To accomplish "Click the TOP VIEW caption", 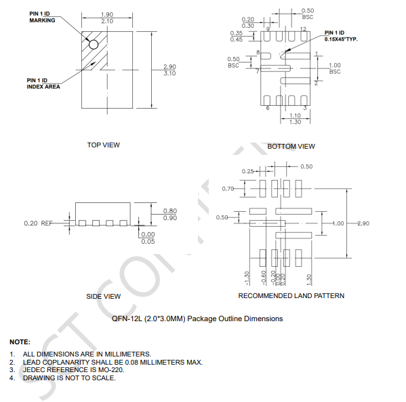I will pos(104,145).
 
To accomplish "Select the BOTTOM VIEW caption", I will pos(291,146).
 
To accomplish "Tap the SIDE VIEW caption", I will pos(104,296).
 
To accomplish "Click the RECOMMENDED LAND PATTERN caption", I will pos(291,295).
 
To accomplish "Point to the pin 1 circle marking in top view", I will pos(94,45).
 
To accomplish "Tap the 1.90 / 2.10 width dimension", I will pos(106,18).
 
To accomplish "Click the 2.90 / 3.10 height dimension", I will pos(169,69).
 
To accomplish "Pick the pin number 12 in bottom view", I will pos(302,29).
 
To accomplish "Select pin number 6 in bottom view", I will pos(268,108).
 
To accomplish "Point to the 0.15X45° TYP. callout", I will pos(340,36).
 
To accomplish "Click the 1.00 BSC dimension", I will pos(334,68).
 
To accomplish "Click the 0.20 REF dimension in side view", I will pos(37,223).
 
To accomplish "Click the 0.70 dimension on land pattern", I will pos(228,188).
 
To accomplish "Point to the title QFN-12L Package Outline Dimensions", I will pos(197,318).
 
